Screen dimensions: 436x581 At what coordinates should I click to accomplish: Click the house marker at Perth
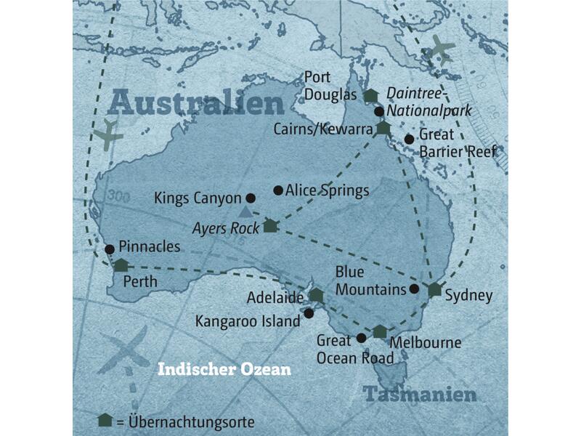(x=121, y=265)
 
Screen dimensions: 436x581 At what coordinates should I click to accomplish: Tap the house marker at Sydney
(x=434, y=289)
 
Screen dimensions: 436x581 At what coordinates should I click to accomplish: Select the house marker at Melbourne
(x=380, y=331)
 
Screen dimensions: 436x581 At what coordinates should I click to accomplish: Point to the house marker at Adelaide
(x=316, y=294)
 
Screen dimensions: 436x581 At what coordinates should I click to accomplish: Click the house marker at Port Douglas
(x=371, y=95)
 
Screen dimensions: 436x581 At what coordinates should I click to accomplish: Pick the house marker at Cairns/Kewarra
(x=383, y=128)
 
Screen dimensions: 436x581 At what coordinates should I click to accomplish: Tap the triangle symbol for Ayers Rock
(x=245, y=211)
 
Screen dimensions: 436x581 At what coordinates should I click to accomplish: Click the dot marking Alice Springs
(x=277, y=190)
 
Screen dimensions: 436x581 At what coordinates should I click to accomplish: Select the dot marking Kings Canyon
(x=251, y=198)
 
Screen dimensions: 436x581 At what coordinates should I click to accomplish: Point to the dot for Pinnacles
(x=109, y=249)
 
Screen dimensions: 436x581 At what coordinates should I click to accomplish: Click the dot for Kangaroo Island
(x=309, y=313)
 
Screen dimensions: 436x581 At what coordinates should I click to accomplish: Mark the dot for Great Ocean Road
(x=361, y=338)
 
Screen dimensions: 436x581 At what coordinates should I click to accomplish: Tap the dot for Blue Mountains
(x=414, y=288)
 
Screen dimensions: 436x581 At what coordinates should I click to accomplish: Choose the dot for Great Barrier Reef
(x=409, y=139)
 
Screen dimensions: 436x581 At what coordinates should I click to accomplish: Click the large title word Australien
(x=196, y=104)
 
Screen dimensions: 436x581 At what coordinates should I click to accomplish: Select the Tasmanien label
(x=420, y=395)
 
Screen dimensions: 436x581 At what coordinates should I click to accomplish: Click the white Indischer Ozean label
(x=224, y=370)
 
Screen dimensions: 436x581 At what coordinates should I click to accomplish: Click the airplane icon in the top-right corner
(x=441, y=49)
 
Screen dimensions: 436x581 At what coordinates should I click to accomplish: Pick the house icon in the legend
(x=105, y=421)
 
